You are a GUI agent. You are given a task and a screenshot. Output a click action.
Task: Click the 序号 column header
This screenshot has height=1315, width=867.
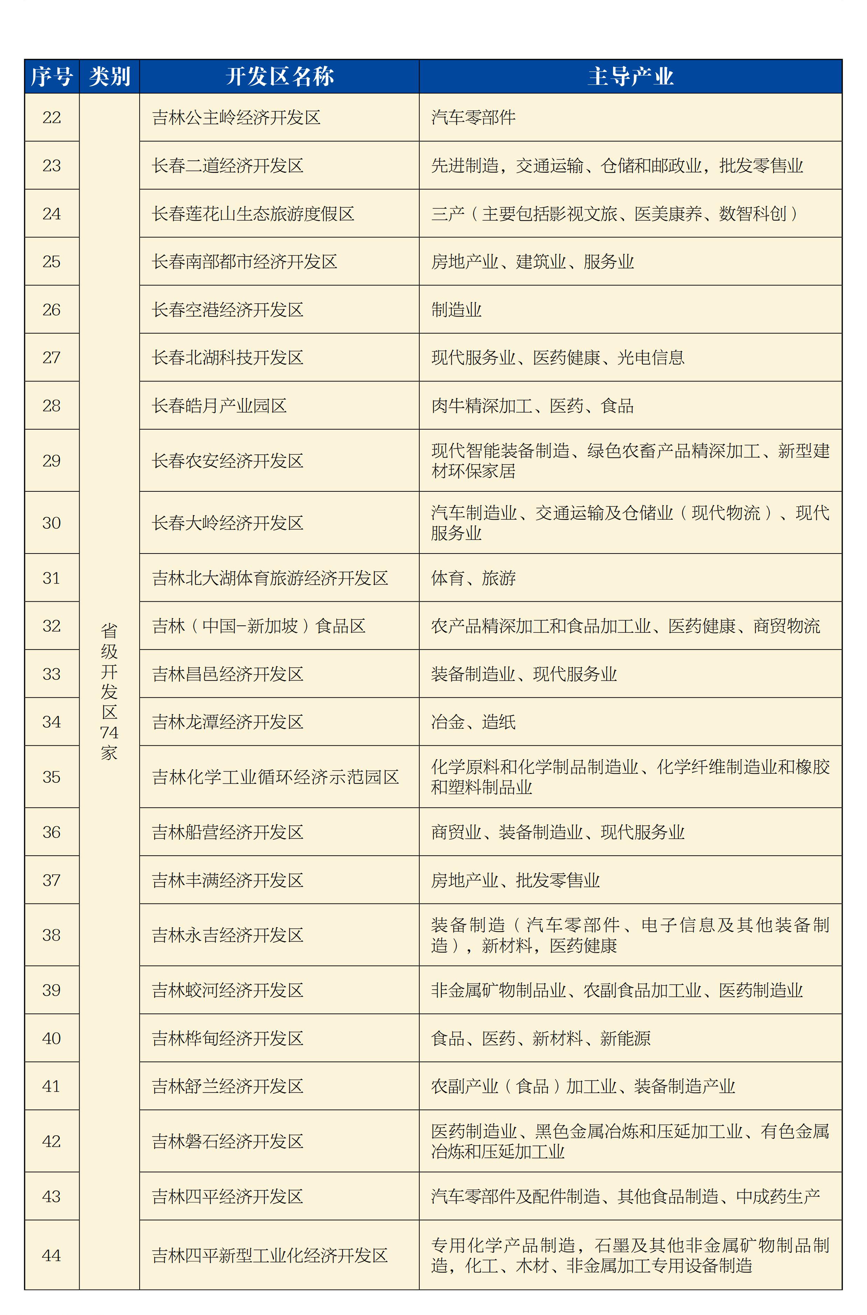click(x=51, y=76)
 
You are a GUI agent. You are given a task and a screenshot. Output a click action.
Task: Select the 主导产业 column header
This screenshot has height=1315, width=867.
click(x=630, y=76)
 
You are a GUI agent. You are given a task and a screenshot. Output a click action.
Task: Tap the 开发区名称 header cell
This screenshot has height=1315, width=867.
click(x=279, y=76)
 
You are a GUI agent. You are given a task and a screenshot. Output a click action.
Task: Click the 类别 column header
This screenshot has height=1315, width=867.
click(x=110, y=76)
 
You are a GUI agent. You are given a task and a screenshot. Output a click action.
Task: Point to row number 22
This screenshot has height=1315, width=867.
click(x=51, y=117)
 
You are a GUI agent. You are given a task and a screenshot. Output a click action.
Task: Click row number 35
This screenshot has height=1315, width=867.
click(x=51, y=777)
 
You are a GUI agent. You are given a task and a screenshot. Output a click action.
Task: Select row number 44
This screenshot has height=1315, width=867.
click(x=51, y=1255)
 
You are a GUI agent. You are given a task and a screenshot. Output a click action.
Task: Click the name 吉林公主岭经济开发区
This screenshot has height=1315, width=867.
click(x=236, y=117)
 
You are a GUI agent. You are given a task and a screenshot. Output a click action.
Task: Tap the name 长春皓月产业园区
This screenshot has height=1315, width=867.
click(x=219, y=405)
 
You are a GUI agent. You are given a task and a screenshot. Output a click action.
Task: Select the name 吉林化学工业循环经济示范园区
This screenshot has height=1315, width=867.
click(x=275, y=777)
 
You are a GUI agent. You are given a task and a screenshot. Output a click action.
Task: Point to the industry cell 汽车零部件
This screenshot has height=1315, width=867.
click(x=473, y=117)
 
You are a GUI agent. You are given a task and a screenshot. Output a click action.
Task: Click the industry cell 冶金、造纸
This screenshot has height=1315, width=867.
click(x=473, y=722)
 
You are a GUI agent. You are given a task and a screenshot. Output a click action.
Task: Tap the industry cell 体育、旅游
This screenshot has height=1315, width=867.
click(x=473, y=578)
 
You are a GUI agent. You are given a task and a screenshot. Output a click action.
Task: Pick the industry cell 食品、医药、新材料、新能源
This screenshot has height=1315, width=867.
click(x=541, y=1038)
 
